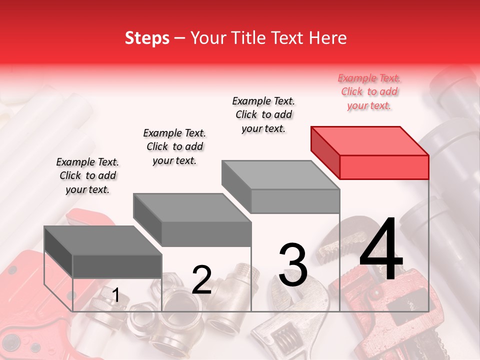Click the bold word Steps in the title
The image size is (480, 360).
click(147, 38)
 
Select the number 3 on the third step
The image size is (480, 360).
click(293, 265)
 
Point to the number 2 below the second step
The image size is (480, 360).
click(201, 279)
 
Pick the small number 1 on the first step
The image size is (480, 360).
click(115, 295)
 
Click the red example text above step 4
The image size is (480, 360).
click(369, 91)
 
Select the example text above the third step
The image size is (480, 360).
click(263, 114)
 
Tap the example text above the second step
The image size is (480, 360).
click(174, 146)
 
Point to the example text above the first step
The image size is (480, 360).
click(87, 175)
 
